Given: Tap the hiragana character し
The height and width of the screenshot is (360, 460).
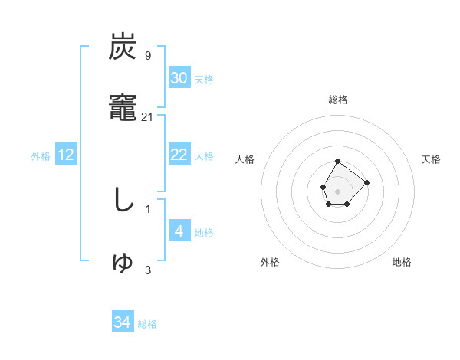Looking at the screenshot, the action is (x=123, y=201).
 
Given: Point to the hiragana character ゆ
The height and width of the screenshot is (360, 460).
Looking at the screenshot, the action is (x=123, y=263).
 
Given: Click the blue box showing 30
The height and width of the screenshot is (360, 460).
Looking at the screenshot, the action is (x=179, y=78).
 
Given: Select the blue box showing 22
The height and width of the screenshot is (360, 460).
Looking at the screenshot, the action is (x=179, y=155).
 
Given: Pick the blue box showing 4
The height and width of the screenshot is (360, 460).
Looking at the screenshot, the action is (x=179, y=231).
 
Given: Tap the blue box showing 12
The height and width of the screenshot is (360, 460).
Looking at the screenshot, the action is (x=66, y=155).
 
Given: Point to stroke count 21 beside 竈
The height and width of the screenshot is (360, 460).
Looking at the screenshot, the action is (x=148, y=117).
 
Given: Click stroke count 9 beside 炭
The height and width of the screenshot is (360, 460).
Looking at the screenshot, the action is (x=147, y=56).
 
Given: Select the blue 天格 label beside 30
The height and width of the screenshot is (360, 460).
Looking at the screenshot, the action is (x=204, y=80).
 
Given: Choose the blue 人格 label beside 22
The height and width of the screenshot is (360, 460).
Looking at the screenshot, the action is (x=204, y=156).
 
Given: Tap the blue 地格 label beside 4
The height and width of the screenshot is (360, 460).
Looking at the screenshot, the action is (x=204, y=233).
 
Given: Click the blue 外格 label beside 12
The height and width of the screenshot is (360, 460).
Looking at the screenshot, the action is (x=41, y=156).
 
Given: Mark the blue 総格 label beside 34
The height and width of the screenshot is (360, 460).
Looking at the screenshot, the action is (x=147, y=324).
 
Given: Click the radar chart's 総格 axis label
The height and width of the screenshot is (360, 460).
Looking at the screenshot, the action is (x=338, y=100).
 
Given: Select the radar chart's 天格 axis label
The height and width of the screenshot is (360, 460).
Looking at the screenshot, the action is (x=431, y=159).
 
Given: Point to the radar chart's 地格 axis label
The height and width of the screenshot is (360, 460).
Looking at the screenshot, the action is (x=402, y=262).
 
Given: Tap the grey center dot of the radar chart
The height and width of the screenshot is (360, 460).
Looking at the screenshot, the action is (x=338, y=190).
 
